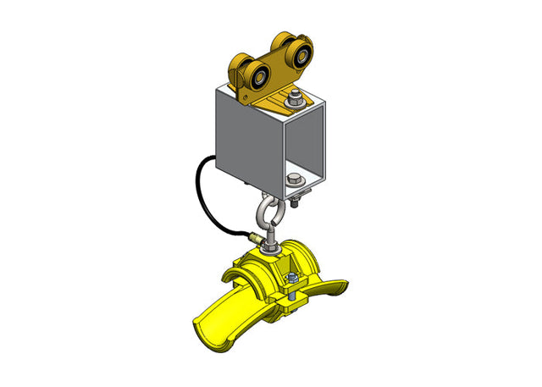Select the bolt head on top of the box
click(x=294, y=95)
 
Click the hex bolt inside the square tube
click(x=293, y=180)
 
